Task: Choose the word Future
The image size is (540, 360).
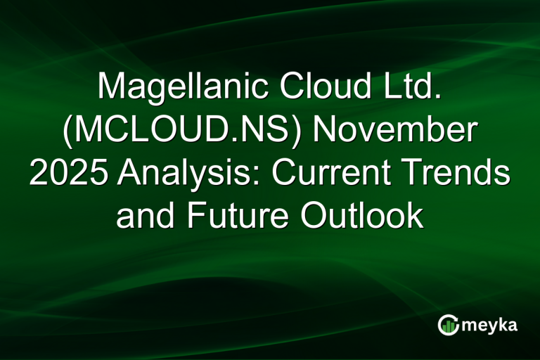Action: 236,217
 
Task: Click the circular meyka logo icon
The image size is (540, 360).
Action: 449,325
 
